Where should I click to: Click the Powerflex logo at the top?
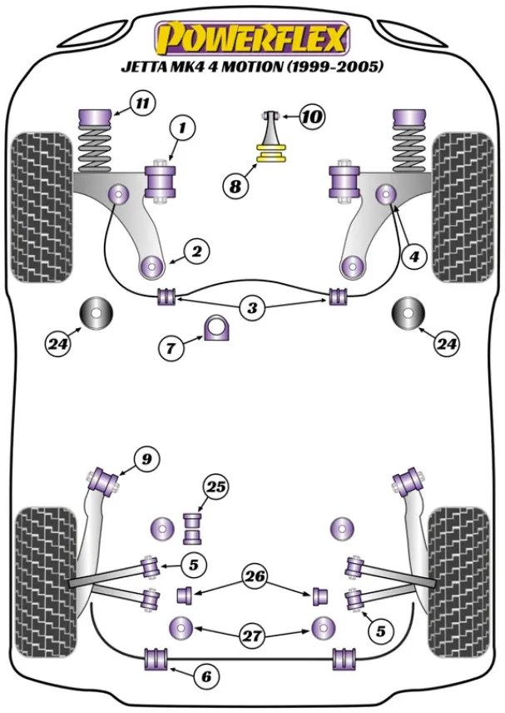(252, 37)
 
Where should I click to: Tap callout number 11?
(142, 104)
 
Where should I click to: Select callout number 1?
(181, 127)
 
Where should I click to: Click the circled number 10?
(311, 117)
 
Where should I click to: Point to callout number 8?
(236, 187)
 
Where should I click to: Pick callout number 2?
(197, 249)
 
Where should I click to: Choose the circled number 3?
(252, 307)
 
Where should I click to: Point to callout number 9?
(146, 457)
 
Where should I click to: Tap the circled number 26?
(254, 574)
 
